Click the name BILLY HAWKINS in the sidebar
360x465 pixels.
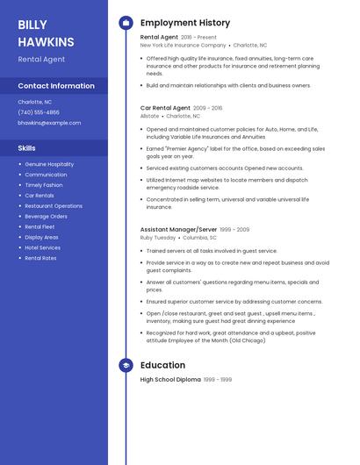click(x=46, y=33)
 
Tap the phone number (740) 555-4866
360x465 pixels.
click(x=39, y=112)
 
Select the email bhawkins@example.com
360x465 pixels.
click(x=49, y=123)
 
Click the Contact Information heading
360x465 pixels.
click(x=56, y=86)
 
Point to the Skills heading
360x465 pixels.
click(x=27, y=148)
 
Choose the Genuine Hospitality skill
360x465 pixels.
click(x=49, y=164)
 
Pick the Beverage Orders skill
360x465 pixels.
click(x=46, y=216)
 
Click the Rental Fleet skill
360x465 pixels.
click(x=40, y=226)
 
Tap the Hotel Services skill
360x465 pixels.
click(x=42, y=247)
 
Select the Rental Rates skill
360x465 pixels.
click(x=40, y=258)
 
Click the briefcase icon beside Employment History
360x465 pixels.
click(x=126, y=23)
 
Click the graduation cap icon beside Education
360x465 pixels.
click(x=126, y=365)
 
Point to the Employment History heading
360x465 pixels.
click(x=185, y=23)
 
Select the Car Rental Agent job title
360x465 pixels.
click(x=165, y=108)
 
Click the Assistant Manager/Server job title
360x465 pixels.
click(x=178, y=230)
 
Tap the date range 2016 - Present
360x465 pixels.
click(x=198, y=38)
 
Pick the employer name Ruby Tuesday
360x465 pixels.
click(x=158, y=238)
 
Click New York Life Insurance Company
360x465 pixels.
click(x=183, y=45)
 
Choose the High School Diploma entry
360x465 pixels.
click(x=170, y=380)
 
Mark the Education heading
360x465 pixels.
click(x=162, y=365)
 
